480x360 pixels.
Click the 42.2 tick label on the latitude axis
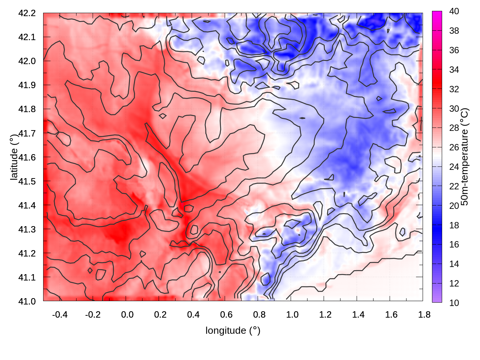tap(27, 13)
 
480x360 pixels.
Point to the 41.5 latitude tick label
tap(27, 181)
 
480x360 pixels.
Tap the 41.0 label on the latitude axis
tap(27, 301)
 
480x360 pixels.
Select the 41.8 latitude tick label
tap(27, 109)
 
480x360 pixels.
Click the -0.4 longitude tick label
tap(60, 315)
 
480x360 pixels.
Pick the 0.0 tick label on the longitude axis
tap(127, 315)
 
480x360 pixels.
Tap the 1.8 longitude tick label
tap(424, 315)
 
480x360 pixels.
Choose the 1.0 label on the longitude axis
tap(292, 315)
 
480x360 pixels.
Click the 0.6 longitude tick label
tap(226, 315)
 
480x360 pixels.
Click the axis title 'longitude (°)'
tap(233, 330)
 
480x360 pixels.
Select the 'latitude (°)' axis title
tap(14, 157)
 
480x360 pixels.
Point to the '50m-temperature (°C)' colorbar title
tap(464, 157)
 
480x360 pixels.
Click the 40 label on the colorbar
tap(454, 11)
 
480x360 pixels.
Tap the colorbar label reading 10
tap(454, 303)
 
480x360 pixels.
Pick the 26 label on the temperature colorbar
tap(454, 147)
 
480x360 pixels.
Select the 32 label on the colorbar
tap(454, 89)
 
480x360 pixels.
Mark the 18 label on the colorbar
tap(454, 225)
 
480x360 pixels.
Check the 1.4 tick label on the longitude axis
tap(358, 315)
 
